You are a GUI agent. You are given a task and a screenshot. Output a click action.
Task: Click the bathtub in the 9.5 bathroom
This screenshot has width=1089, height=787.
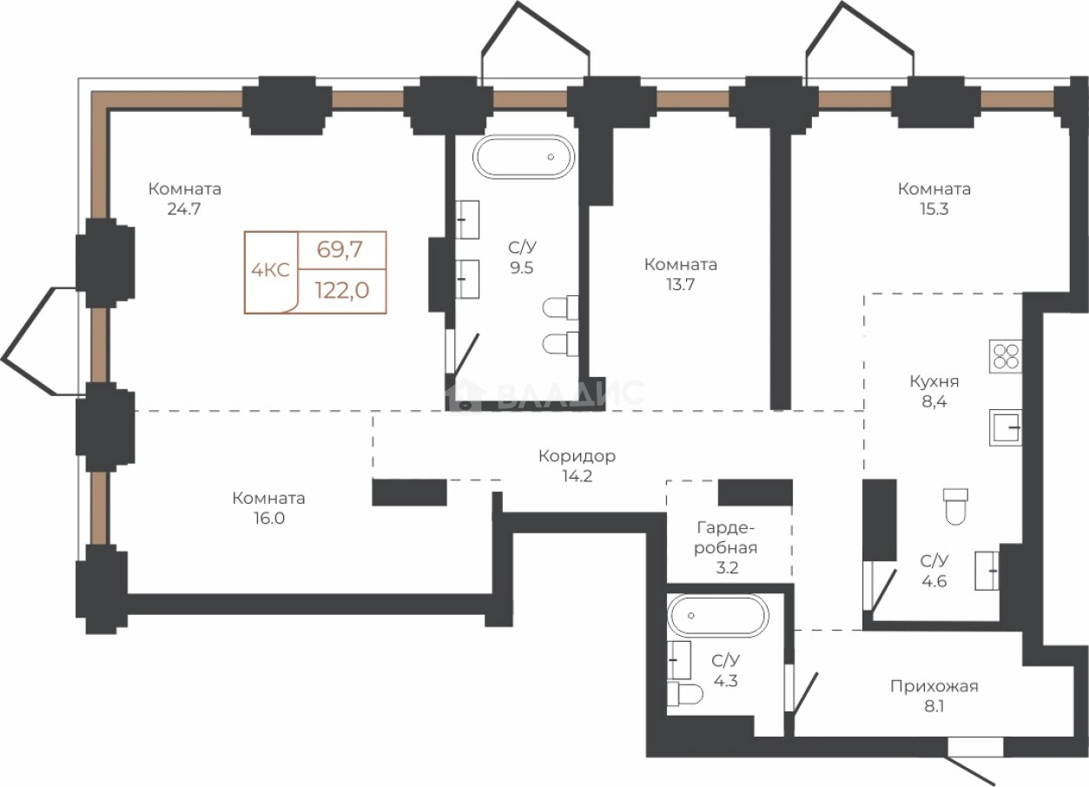tap(524, 156)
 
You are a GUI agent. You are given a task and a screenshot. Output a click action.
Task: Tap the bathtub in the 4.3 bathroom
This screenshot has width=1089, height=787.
tap(718, 615)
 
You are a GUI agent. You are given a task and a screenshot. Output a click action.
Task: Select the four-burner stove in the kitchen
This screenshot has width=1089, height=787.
tap(1006, 356)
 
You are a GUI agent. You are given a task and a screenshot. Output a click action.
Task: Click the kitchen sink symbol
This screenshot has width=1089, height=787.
tap(1006, 427)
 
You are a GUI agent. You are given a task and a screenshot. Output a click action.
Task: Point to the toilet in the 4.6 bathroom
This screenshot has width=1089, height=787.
tap(955, 506)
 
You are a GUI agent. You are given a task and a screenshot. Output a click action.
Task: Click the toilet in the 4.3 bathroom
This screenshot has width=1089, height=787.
tap(685, 694)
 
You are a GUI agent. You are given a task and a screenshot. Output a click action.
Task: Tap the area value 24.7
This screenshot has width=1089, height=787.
tap(184, 209)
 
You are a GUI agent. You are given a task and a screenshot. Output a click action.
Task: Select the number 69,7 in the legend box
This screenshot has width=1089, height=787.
tap(340, 249)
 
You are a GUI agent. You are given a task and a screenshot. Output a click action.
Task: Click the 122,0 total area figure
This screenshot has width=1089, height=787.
tap(342, 290)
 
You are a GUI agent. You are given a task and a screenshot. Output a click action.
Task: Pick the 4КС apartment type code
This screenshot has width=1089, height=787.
tap(270, 270)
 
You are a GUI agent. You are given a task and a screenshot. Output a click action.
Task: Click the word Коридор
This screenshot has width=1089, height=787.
tap(577, 456)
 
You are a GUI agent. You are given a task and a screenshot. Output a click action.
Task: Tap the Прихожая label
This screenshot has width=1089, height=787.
tap(934, 687)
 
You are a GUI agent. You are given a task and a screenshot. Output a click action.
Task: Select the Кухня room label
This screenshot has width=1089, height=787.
tap(934, 382)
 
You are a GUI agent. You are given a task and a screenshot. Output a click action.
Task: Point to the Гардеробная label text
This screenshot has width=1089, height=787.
tap(725, 538)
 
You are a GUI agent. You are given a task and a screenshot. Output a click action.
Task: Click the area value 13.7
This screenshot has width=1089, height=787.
tap(680, 285)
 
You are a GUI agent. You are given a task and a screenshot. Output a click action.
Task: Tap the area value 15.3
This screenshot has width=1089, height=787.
tap(934, 209)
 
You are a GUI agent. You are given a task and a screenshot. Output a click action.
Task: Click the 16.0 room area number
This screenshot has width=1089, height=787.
tap(269, 519)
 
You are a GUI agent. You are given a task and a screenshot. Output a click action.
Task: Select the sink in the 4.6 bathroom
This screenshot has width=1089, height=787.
tap(987, 571)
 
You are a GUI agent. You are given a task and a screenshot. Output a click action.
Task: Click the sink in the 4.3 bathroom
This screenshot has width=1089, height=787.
tap(679, 660)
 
